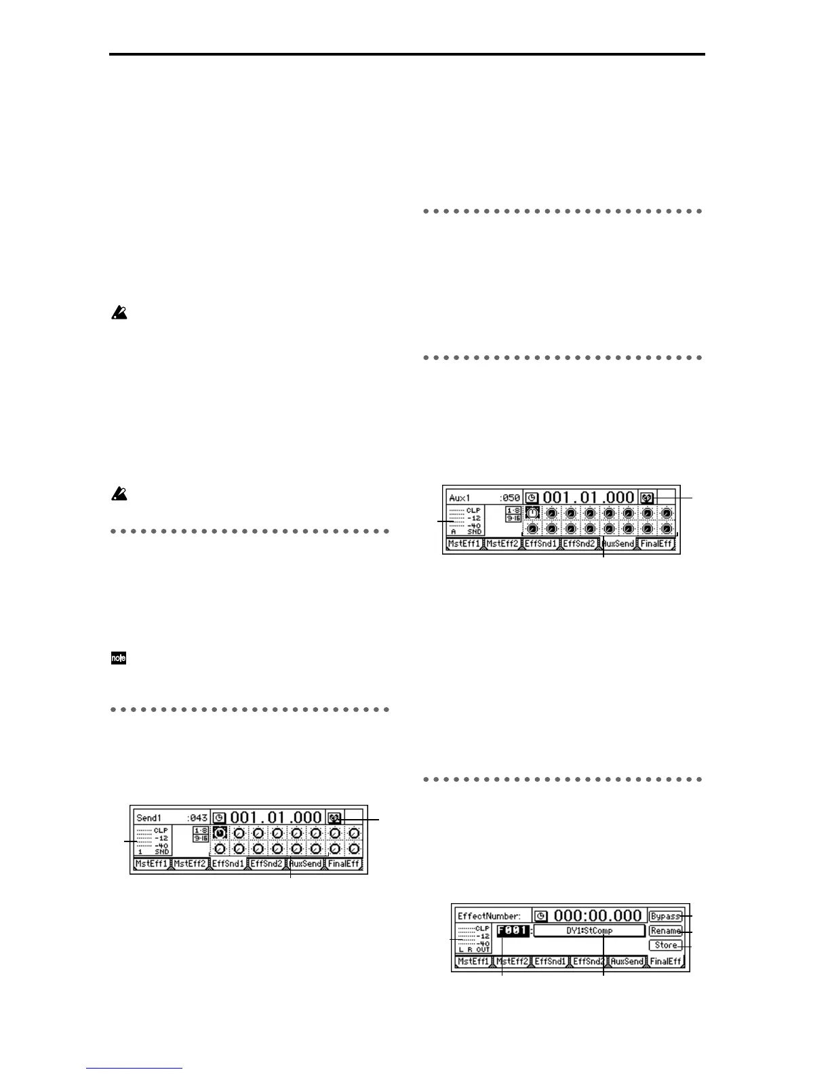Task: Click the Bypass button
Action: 665,916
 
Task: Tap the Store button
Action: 665,945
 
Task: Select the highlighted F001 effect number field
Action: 513,931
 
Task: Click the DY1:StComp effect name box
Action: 589,931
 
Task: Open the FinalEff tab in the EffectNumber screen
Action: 665,961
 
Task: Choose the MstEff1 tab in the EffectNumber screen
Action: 473,961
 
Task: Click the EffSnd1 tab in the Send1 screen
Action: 229,864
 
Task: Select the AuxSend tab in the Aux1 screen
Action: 618,544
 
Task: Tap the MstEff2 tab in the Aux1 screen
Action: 502,544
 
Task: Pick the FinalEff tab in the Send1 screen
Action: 343,864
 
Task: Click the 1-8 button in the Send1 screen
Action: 200,831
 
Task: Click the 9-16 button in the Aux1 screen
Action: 513,518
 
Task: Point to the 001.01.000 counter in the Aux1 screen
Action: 589,498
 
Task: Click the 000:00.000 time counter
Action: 597,916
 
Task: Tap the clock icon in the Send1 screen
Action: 219,818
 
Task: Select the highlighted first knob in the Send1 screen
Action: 220,832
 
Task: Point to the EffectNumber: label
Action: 490,916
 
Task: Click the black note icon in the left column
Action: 119,658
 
